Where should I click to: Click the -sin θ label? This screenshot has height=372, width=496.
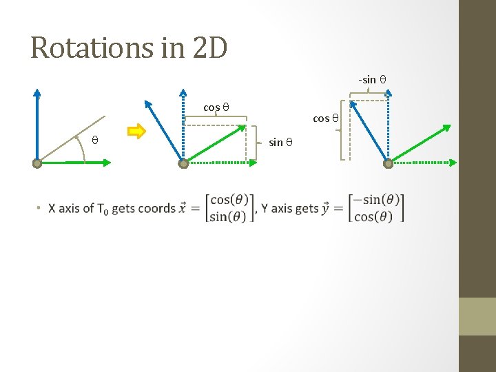pyautogui.click(x=372, y=80)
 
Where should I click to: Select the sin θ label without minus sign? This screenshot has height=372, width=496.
pyautogui.click(x=281, y=143)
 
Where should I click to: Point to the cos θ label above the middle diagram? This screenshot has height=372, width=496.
pyautogui.click(x=216, y=107)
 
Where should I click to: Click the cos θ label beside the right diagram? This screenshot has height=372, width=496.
pyautogui.click(x=326, y=118)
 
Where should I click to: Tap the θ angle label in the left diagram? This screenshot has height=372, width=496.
pyautogui.click(x=95, y=141)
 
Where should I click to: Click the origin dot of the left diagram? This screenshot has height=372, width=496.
pyautogui.click(x=37, y=163)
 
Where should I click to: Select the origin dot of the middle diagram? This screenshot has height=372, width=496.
pyautogui.click(x=183, y=163)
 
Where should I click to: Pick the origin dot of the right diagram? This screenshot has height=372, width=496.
pyautogui.click(x=388, y=163)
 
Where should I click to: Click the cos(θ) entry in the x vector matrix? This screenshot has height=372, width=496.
pyautogui.click(x=230, y=200)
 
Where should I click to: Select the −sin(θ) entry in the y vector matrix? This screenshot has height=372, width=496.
pyautogui.click(x=376, y=200)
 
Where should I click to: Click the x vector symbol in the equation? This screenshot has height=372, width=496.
pyautogui.click(x=183, y=207)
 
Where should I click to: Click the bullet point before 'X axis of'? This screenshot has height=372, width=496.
pyautogui.click(x=40, y=208)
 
